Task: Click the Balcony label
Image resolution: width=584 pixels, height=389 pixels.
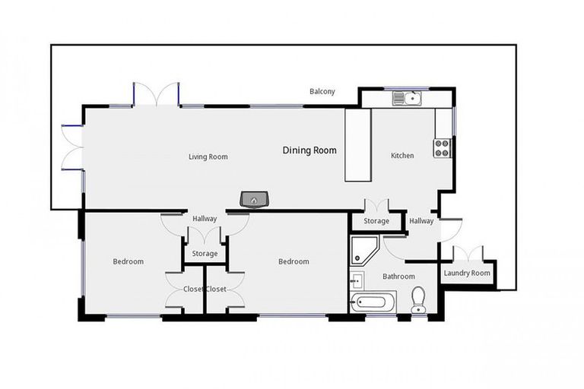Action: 322,92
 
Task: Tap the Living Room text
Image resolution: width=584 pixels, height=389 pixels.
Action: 208,157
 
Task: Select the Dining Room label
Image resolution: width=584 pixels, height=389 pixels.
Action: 309,150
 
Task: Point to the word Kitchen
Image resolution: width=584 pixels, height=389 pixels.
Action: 402,156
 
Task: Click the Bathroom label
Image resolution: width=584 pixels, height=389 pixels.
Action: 398,277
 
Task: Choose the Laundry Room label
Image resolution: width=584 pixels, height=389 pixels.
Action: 468,273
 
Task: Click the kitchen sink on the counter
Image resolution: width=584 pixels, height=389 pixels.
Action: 406,98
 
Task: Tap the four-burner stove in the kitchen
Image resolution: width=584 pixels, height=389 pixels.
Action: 443,147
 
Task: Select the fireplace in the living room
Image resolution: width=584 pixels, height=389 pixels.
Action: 255,200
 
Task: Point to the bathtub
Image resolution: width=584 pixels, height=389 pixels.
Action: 373,303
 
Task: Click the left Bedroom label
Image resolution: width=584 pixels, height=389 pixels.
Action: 129,262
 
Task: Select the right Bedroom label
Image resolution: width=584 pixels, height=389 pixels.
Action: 294,262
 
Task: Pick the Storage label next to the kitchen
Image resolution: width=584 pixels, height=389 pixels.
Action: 376,221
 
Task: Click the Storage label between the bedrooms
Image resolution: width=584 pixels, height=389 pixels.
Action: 205,254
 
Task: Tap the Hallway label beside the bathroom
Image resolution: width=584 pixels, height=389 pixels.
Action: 421,221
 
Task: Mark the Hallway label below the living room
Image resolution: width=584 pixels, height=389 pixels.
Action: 205,219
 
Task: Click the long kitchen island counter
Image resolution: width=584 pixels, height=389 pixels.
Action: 357,145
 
